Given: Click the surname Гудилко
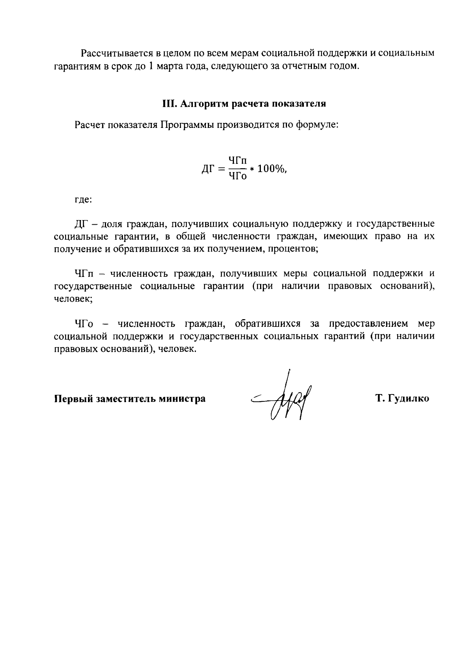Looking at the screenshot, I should click(408, 399).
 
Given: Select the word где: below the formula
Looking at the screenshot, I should click(83, 200).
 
